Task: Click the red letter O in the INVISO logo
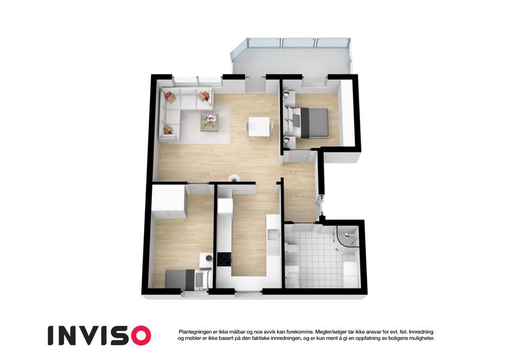139,335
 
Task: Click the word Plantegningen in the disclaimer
194,332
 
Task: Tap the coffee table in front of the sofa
209,122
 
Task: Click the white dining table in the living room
259,127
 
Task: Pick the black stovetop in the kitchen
224,259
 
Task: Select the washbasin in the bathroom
291,277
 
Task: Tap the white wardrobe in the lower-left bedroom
168,202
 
